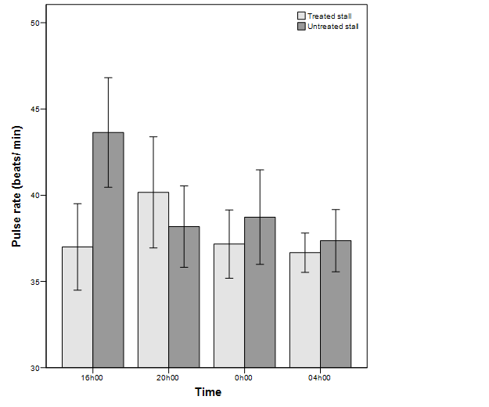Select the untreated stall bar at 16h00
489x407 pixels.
(108, 250)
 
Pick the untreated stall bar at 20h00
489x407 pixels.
(184, 297)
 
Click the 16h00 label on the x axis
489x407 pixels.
(92, 378)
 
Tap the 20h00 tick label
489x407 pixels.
(168, 378)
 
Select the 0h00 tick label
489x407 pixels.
(244, 378)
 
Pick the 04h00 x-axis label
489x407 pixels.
(320, 378)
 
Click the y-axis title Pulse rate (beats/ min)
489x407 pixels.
(16, 195)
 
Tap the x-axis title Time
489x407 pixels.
(208, 392)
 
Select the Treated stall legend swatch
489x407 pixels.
(301, 16)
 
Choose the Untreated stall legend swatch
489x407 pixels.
(301, 26)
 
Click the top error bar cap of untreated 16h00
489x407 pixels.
(108, 77)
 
